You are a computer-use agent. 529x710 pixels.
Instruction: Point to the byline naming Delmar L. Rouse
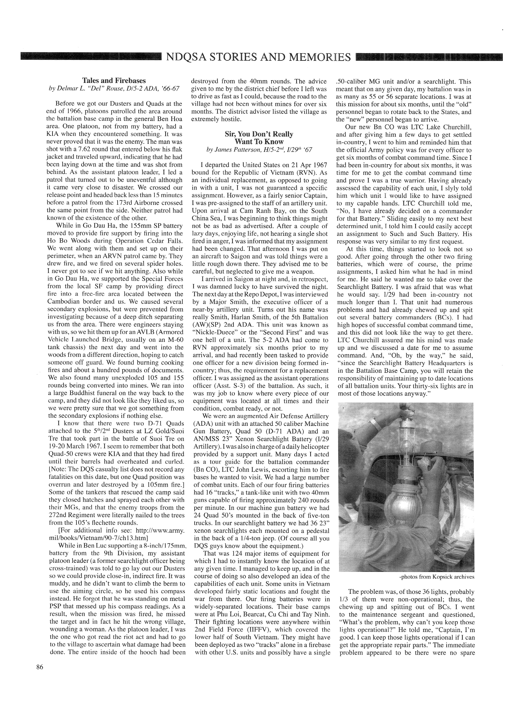point(114,88)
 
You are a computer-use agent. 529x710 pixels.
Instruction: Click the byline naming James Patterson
point(259,149)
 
